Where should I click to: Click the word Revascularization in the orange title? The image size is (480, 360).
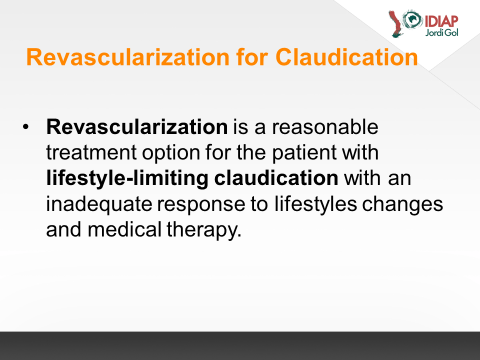pyautogui.click(x=128, y=57)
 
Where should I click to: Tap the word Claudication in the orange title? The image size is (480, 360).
pyautogui.click(x=346, y=57)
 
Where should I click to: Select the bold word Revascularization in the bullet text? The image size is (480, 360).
pyautogui.click(x=137, y=126)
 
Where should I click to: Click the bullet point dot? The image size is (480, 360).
pyautogui.click(x=25, y=126)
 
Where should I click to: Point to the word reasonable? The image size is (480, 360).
pyautogui.click(x=325, y=126)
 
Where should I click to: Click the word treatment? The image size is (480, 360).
pyautogui.click(x=91, y=152)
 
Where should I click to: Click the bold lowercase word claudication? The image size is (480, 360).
pyautogui.click(x=276, y=178)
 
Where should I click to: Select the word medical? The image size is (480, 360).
pyautogui.click(x=124, y=229)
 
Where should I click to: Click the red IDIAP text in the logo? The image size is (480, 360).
pyautogui.click(x=441, y=21)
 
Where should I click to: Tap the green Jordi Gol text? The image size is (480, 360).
pyautogui.click(x=441, y=32)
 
